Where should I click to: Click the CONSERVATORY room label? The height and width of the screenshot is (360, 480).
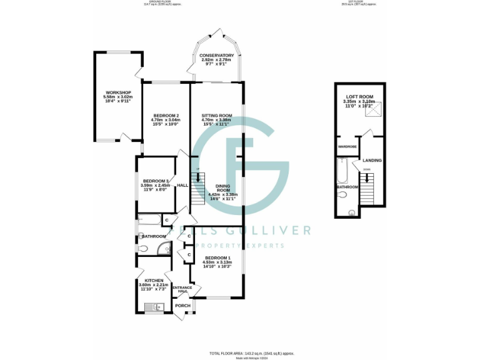217,56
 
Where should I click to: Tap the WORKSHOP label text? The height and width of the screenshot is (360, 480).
117,92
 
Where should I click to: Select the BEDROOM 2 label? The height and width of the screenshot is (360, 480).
166,116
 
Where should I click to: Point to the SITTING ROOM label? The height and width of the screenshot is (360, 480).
217,116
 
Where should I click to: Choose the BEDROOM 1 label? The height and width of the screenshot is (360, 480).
217,258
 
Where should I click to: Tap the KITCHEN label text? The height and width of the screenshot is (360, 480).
154,281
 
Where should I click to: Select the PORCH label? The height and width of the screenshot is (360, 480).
182,306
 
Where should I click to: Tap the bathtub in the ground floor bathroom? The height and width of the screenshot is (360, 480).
149,219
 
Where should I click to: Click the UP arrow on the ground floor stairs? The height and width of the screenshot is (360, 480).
199,176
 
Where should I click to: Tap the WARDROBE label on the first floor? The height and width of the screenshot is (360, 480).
347,146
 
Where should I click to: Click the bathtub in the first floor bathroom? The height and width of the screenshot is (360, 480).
341,169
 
